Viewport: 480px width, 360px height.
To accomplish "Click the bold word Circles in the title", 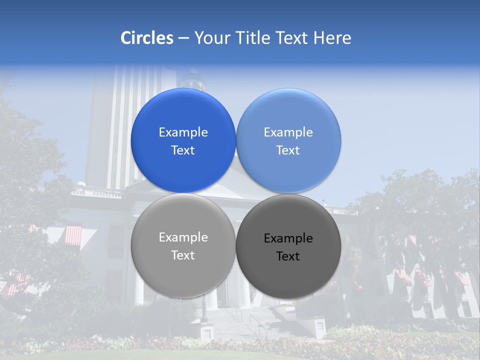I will (146, 38).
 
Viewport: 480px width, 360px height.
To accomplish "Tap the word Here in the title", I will (332, 38).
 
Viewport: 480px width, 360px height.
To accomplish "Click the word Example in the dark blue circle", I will (183, 132).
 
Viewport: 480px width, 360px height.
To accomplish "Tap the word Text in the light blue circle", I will (288, 150).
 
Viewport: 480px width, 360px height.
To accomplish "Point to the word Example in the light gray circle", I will (183, 237).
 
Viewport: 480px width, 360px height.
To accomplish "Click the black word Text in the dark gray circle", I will (288, 256).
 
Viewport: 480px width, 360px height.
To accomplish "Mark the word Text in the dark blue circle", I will (183, 150).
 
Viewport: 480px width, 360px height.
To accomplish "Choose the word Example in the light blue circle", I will (288, 132).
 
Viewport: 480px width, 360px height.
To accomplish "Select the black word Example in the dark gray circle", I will (288, 238).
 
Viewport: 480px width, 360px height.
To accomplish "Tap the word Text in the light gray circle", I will (183, 255).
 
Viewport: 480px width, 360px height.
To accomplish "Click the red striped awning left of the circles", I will (73, 235).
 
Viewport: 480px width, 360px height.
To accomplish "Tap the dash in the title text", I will (183, 38).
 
